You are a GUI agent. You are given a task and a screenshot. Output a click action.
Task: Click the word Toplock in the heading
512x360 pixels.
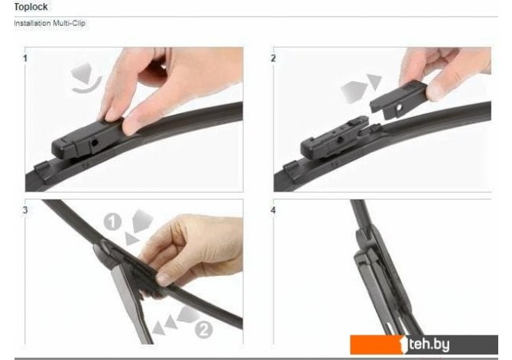tap(31, 7)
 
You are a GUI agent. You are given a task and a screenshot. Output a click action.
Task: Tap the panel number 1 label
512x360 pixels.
tap(25, 59)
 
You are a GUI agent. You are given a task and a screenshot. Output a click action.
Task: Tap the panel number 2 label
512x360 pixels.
tap(274, 59)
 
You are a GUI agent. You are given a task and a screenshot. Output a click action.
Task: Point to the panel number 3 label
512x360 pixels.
tap(25, 210)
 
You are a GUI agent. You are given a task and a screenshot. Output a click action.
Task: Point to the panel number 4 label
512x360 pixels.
tap(274, 210)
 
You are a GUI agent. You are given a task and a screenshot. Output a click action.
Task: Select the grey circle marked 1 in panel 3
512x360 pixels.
tap(112, 222)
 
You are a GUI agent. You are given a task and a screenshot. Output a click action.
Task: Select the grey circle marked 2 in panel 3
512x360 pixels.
tap(204, 329)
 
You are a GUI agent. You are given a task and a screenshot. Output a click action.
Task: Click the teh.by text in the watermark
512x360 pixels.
tap(429, 344)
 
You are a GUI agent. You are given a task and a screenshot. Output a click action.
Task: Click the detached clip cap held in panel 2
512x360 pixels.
tap(398, 99)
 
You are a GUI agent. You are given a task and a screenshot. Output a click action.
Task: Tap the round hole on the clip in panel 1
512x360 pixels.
tap(95, 143)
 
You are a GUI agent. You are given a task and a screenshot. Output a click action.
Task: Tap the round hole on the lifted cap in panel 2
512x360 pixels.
tap(399, 107)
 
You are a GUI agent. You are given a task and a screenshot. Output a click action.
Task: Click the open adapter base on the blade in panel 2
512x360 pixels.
tap(336, 139)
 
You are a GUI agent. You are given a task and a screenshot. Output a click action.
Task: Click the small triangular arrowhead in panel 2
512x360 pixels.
tap(374, 81)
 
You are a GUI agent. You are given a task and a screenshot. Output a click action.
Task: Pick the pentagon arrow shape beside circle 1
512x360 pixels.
tap(142, 221)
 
